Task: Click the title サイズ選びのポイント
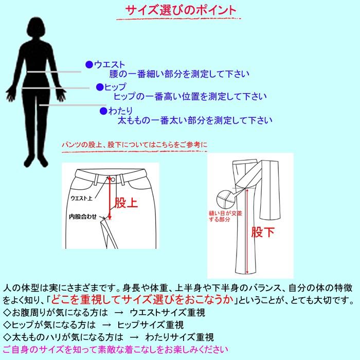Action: click(181, 10)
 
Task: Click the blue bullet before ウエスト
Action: click(89, 65)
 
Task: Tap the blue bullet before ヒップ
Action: click(100, 87)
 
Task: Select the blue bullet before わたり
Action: click(103, 111)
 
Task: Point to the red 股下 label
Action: click(263, 232)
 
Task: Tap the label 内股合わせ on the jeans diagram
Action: click(83, 217)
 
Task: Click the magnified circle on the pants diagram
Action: click(224, 197)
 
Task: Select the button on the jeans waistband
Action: click(111, 178)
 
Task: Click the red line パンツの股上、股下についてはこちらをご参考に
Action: click(134, 145)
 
